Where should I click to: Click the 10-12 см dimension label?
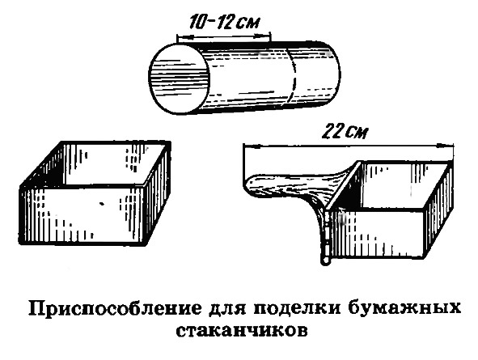[x=225, y=23]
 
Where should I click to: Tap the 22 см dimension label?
[x=345, y=131]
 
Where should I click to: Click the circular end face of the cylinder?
[x=180, y=79]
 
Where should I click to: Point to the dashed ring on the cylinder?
[x=294, y=76]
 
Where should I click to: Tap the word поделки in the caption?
[x=298, y=308]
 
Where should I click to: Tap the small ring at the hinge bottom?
[x=326, y=260]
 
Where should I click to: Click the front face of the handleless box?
[x=82, y=216]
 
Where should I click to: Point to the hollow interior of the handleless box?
[x=105, y=163]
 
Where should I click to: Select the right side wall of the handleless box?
[x=157, y=192]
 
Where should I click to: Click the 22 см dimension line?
[x=349, y=146]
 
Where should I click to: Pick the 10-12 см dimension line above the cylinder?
[x=223, y=36]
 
